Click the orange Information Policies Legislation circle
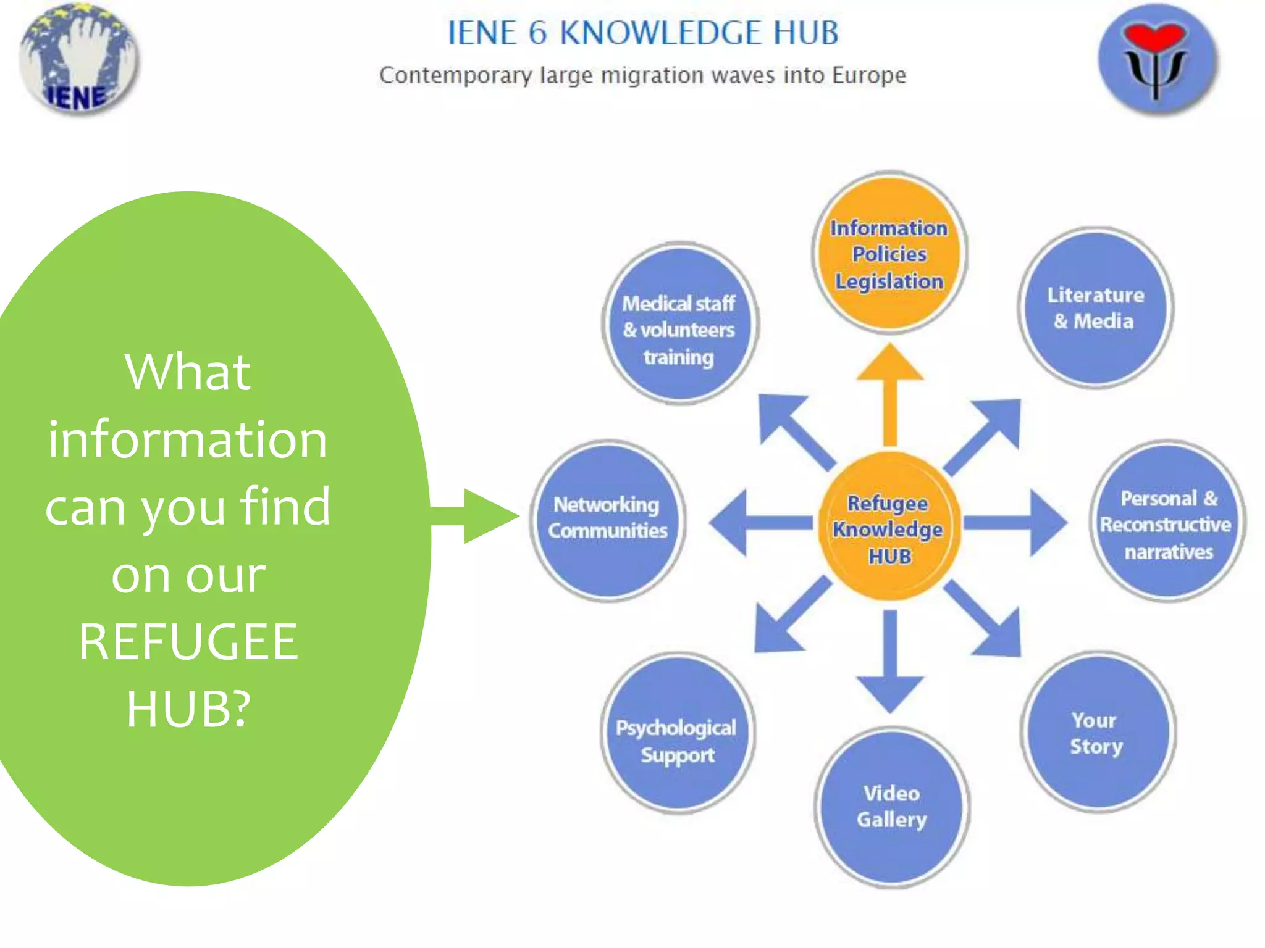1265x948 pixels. tap(889, 253)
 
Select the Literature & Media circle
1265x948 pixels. tap(1095, 308)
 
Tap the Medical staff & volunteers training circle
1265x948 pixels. tap(679, 324)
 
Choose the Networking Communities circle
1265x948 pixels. tap(608, 520)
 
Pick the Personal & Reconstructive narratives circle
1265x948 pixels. tap(1167, 522)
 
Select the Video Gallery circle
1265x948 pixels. tap(891, 807)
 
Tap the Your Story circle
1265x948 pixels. tap(1097, 732)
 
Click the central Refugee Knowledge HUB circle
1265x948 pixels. tap(889, 528)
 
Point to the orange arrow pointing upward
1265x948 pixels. tap(890, 395)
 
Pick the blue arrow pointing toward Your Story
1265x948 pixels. tap(985, 620)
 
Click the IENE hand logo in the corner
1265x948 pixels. tap(78, 59)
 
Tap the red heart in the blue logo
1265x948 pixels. tap(1154, 37)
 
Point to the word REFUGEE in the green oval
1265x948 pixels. tap(188, 642)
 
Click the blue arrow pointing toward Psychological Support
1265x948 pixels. tap(791, 617)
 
